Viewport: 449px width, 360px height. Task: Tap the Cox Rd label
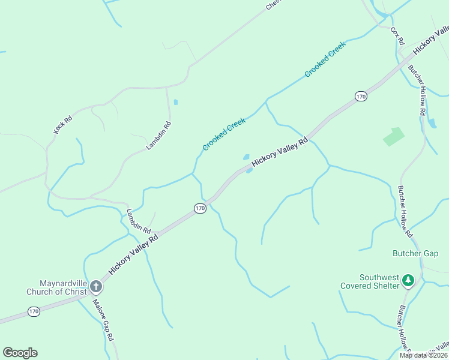[x=397, y=35]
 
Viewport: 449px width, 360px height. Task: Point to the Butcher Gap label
[x=415, y=254]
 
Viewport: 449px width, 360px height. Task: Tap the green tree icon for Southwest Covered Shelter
[x=408, y=280]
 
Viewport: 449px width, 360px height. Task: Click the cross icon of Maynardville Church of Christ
[x=95, y=291]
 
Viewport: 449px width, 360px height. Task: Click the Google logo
[x=20, y=353]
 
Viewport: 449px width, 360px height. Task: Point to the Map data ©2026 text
[x=423, y=355]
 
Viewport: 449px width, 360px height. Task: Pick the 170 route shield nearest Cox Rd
[x=360, y=96]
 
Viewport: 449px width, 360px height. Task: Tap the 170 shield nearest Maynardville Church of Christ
[x=34, y=311]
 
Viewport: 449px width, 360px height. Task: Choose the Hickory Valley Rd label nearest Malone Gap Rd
[x=133, y=254]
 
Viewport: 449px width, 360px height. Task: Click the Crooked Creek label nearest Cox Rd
[x=325, y=59]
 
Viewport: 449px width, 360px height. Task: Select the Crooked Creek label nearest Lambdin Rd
[x=224, y=134]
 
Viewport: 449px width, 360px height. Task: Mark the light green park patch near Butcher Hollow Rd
[x=393, y=137]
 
